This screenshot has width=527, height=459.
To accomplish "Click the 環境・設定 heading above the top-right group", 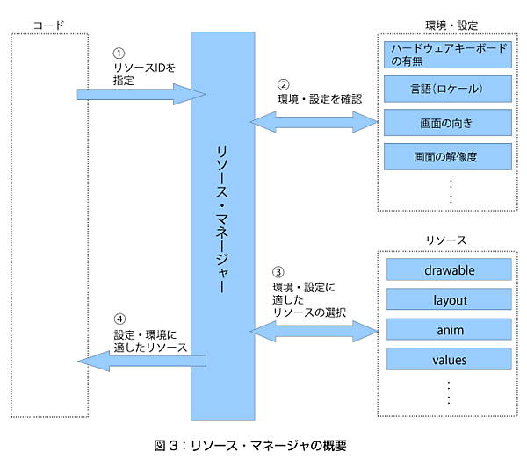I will pos(449,26).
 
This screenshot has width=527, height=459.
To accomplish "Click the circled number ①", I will pos(120,54).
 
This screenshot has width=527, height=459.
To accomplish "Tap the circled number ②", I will pos(283,85).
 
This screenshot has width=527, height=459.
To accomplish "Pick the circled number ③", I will pos(278,272).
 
